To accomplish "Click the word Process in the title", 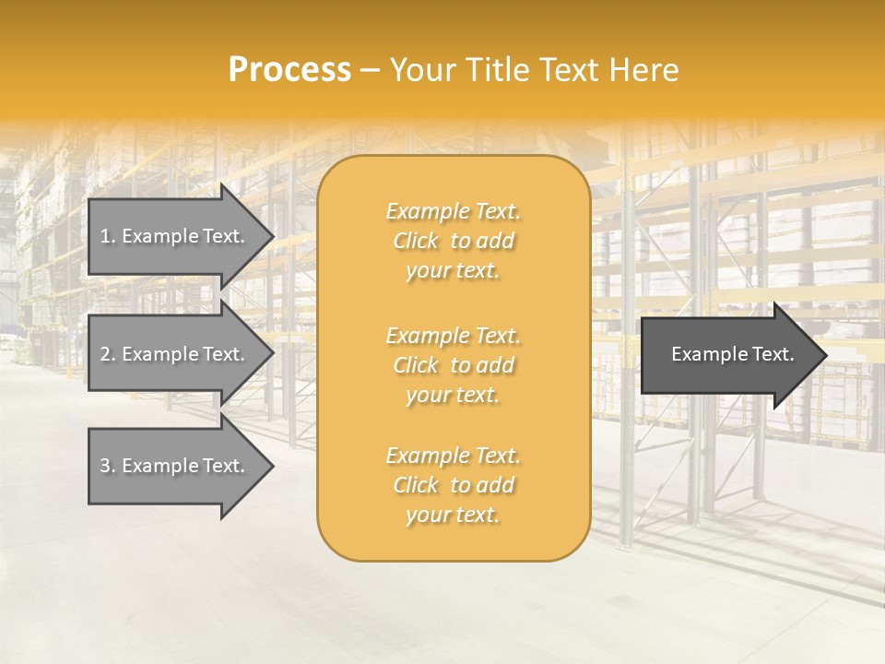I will (289, 70).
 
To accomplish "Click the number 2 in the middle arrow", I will (105, 354).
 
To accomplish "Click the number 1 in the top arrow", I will (105, 236).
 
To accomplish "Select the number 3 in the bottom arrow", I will (105, 466).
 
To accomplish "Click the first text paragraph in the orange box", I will (453, 241).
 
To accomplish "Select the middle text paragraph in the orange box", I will (453, 365).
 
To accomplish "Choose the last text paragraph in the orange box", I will (453, 485).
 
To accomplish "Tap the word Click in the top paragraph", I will (416, 241).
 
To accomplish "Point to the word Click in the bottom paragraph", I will (416, 485).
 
